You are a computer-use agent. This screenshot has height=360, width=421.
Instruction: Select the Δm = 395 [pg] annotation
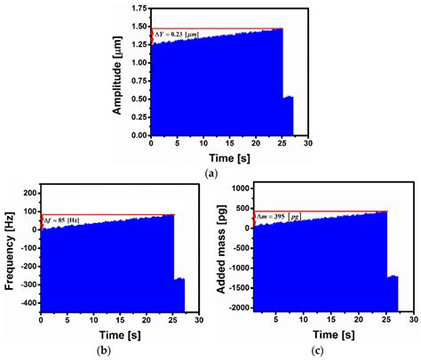coord(278,217)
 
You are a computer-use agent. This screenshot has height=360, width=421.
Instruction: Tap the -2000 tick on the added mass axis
coord(237,308)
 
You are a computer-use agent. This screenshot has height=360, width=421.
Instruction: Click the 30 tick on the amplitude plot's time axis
coord(308,143)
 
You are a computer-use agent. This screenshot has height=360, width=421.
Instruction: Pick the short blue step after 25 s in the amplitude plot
coord(288,116)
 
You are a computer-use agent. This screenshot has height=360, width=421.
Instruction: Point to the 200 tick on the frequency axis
coord(28,192)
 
